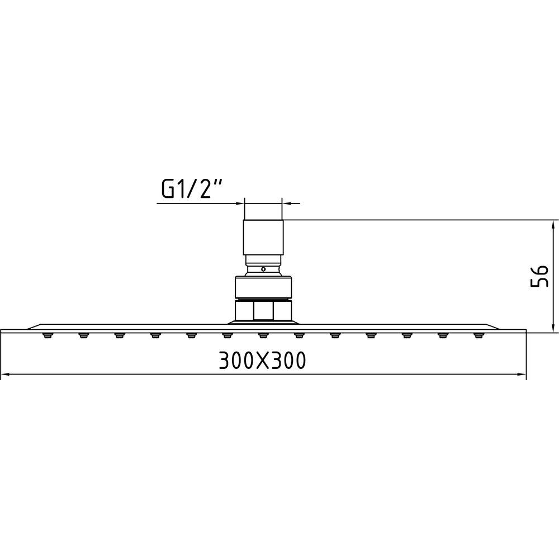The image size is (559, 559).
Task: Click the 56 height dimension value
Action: click(539, 276)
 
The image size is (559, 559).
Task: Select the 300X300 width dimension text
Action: click(262, 361)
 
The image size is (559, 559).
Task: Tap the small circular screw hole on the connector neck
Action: click(263, 269)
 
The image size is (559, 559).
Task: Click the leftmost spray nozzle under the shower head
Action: click(47, 335)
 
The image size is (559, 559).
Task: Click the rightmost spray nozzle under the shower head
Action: click(479, 335)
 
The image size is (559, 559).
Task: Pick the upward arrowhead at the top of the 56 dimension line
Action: click(553, 225)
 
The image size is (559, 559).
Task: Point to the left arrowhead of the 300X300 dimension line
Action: click(6, 375)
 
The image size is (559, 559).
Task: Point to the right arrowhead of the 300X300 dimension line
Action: click(521, 375)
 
